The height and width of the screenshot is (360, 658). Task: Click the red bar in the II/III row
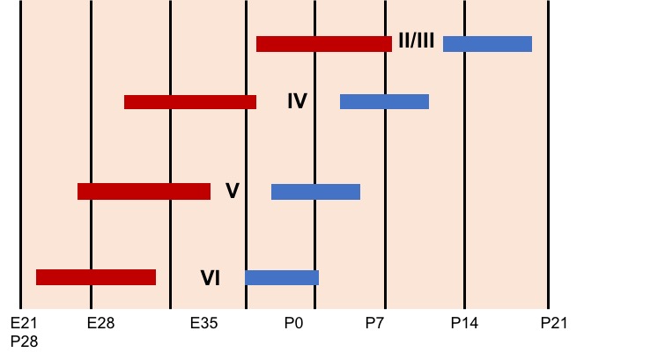pyautogui.click(x=324, y=44)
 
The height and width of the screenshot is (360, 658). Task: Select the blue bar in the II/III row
pyautogui.click(x=488, y=44)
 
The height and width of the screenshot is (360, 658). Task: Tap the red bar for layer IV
pyautogui.click(x=190, y=102)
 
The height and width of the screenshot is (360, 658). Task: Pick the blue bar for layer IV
pyautogui.click(x=384, y=102)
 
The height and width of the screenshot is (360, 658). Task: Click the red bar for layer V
pyautogui.click(x=144, y=192)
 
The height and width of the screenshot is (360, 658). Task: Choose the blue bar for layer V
pyautogui.click(x=315, y=192)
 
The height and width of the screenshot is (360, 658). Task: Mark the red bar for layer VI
pyautogui.click(x=96, y=277)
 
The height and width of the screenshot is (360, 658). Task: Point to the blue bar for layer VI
pyautogui.click(x=282, y=277)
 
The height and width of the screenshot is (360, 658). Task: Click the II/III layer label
pyautogui.click(x=417, y=41)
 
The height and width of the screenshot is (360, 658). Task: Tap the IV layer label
pyautogui.click(x=298, y=101)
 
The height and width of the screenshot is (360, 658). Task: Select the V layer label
pyautogui.click(x=233, y=191)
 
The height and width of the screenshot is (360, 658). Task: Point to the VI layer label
pyautogui.click(x=211, y=278)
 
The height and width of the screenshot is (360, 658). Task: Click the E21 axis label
pyautogui.click(x=24, y=323)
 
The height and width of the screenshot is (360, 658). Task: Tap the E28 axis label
pyautogui.click(x=100, y=323)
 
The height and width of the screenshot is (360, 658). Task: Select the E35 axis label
pyautogui.click(x=204, y=323)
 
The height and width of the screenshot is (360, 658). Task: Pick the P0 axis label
pyautogui.click(x=293, y=323)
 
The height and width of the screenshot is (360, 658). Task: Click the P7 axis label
pyautogui.click(x=374, y=323)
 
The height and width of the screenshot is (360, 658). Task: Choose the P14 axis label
pyautogui.click(x=464, y=323)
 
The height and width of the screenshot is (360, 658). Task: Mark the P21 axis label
pyautogui.click(x=554, y=323)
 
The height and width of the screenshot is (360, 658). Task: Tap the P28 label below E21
pyautogui.click(x=24, y=342)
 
